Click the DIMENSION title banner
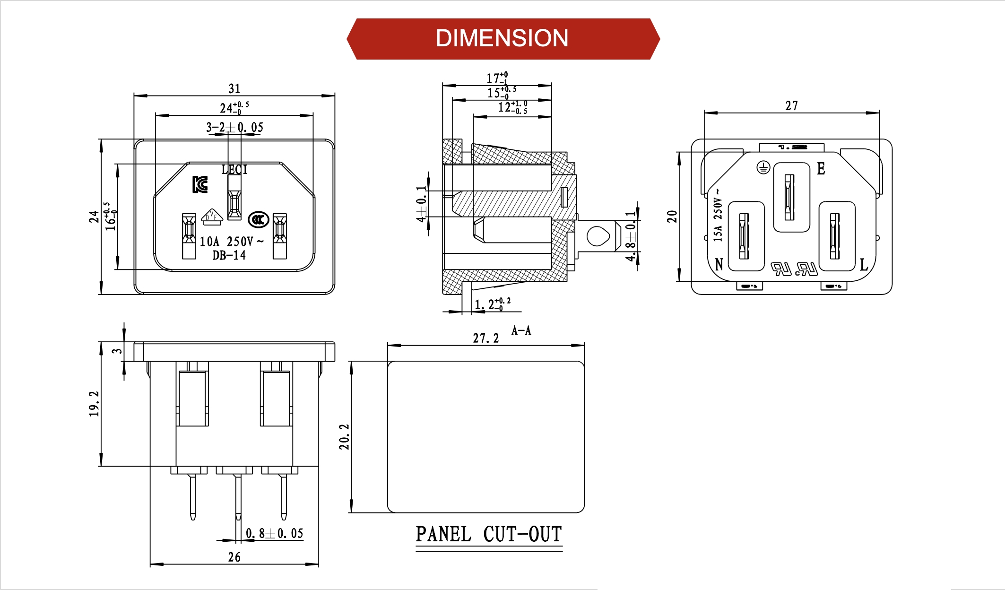click(502, 39)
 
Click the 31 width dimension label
click(234, 89)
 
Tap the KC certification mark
click(200, 184)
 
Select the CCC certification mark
click(259, 219)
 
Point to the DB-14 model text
click(229, 256)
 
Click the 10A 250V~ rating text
click(231, 242)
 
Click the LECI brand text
click(234, 169)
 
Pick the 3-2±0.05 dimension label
click(234, 127)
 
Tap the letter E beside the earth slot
click(821, 169)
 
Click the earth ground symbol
click(763, 167)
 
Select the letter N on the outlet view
click(719, 264)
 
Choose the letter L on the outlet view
click(864, 265)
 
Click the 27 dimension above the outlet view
click(792, 106)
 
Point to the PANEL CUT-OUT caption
click(489, 535)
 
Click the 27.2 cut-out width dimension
click(486, 338)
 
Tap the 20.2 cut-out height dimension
click(344, 436)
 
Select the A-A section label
click(521, 330)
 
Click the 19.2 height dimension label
click(94, 404)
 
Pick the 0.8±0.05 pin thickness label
click(275, 534)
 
